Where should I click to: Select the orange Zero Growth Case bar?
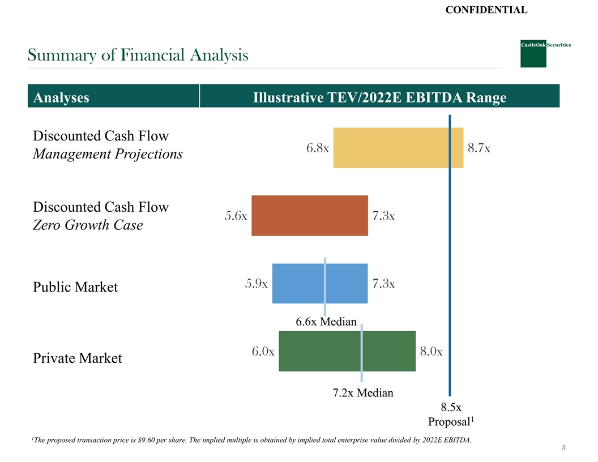click(x=310, y=215)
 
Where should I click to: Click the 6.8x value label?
click(x=318, y=148)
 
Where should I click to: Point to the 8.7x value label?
click(x=479, y=148)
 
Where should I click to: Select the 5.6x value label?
click(x=236, y=216)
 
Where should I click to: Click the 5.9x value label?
click(x=257, y=283)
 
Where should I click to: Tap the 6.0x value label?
click(x=263, y=351)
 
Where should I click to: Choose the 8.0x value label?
click(x=432, y=351)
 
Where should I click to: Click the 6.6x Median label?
click(x=326, y=322)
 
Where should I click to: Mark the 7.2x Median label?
click(x=362, y=392)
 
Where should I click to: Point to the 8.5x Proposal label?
click(x=451, y=414)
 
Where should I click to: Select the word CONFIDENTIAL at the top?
click(x=486, y=9)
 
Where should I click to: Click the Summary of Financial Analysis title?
click(x=138, y=55)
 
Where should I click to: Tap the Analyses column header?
click(x=61, y=98)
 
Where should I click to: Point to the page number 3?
click(x=563, y=448)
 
